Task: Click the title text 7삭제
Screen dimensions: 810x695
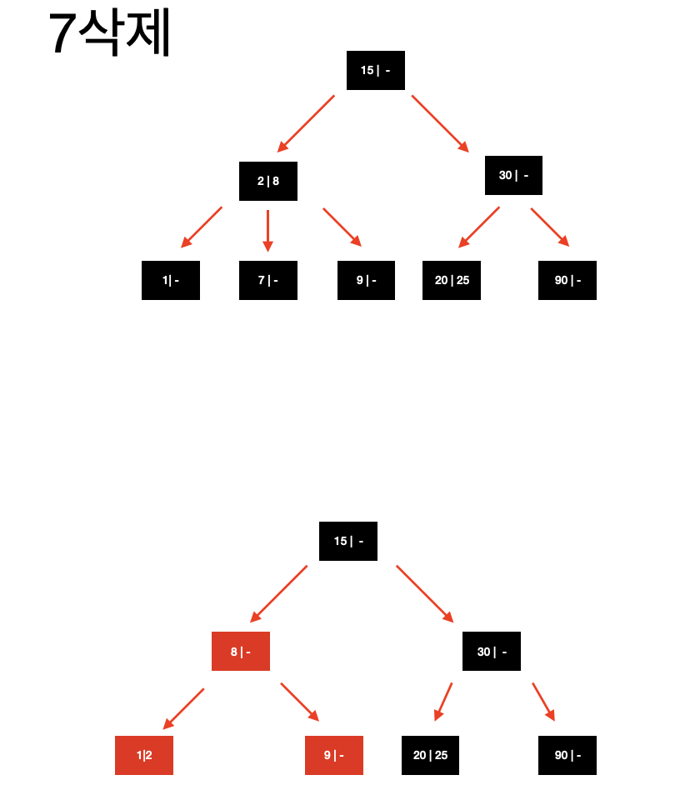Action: click(109, 34)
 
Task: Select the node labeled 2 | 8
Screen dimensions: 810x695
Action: click(267, 181)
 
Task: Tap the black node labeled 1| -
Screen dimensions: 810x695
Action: click(171, 280)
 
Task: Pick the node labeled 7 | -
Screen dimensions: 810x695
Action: click(267, 280)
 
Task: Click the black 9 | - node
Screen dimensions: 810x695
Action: click(366, 280)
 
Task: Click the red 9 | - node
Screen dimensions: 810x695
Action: click(333, 755)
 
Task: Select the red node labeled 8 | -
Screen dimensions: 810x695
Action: click(240, 651)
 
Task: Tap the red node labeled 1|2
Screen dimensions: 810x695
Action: click(144, 755)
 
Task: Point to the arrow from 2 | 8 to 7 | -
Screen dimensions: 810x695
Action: click(267, 230)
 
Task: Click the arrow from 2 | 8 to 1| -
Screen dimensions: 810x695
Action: click(202, 227)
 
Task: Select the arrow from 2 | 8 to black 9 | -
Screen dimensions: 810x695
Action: click(342, 227)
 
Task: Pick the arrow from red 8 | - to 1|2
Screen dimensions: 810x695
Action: click(183, 708)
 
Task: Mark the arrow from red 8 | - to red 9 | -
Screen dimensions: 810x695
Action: click(300, 702)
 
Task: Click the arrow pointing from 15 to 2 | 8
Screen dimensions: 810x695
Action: click(306, 123)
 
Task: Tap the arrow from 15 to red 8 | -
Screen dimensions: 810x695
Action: click(278, 594)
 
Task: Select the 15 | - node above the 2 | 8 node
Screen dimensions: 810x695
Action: click(375, 70)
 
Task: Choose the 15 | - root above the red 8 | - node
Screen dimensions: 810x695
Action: click(348, 541)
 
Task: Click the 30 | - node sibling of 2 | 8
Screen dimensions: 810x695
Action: click(513, 175)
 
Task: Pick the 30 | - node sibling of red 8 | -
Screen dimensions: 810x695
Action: click(491, 651)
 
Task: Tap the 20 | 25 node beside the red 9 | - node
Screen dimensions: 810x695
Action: click(430, 755)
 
